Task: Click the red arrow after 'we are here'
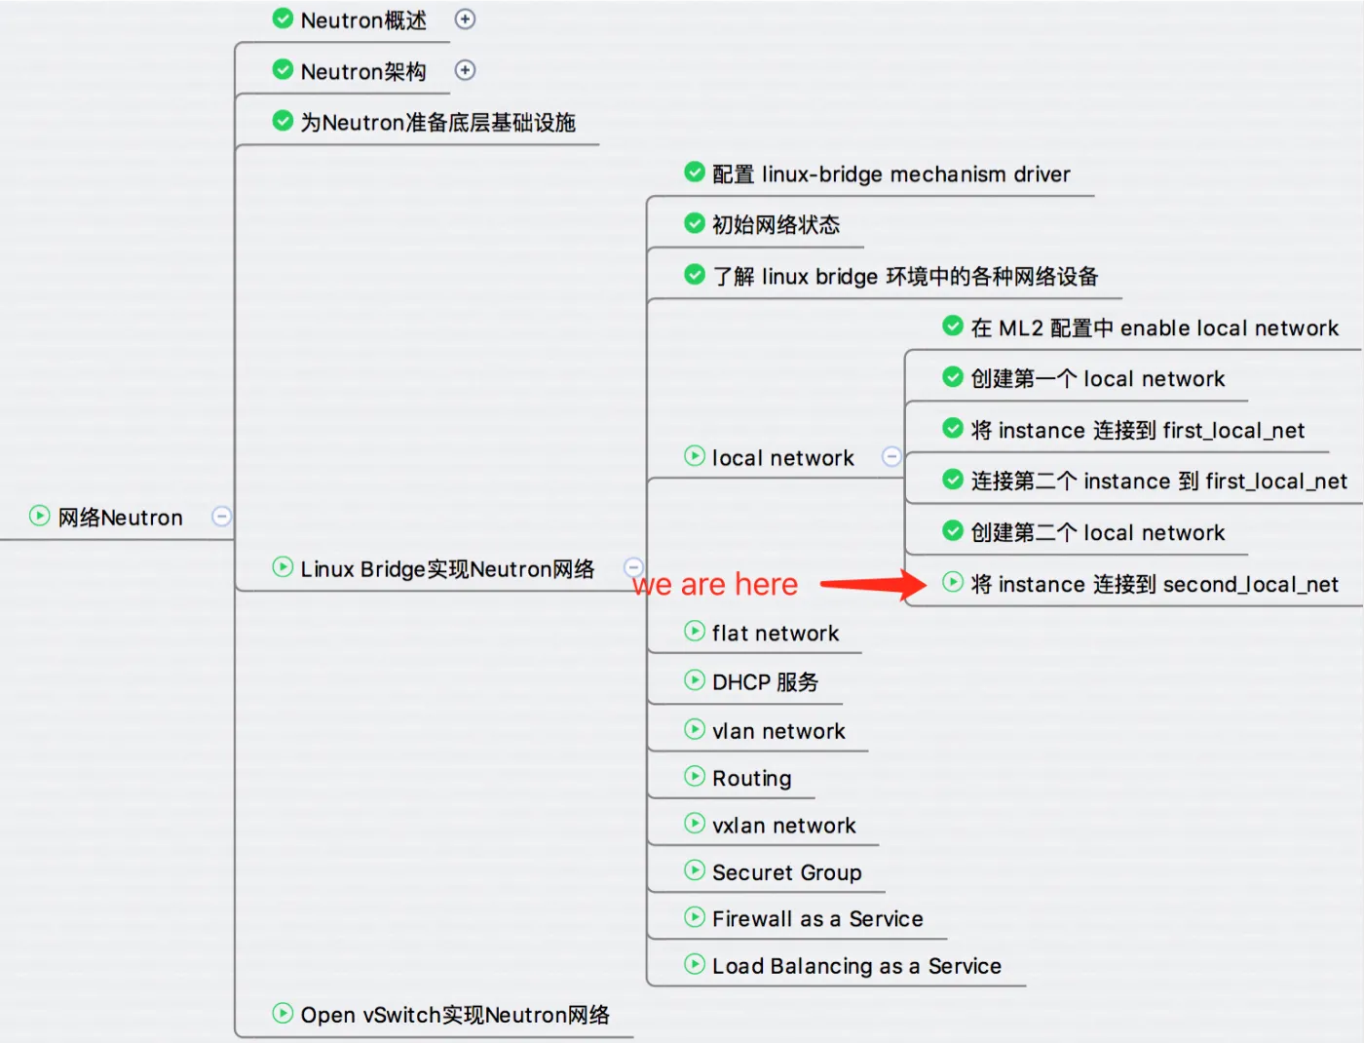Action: coord(873,584)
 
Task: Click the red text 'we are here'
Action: coord(714,584)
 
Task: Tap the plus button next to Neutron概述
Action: coord(465,19)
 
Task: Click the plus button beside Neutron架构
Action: coord(465,70)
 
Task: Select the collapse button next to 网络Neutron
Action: coord(221,517)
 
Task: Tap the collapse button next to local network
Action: coord(891,457)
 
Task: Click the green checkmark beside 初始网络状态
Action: coord(694,223)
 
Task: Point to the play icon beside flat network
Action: coord(694,632)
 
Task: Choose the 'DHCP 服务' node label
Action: coord(765,682)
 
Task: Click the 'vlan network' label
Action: coord(778,731)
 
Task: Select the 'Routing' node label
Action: coord(752,778)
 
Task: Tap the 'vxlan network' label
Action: coord(784,826)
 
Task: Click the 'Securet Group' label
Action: coord(786,872)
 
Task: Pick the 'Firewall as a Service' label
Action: coord(817,918)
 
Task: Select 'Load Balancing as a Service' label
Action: coord(857,967)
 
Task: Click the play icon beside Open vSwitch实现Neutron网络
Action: coord(283,1013)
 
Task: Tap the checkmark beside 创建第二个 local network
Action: coord(953,531)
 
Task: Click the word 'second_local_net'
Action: coord(1251,585)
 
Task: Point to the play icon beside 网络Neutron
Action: coord(39,516)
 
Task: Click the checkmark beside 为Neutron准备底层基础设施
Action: coord(283,121)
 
